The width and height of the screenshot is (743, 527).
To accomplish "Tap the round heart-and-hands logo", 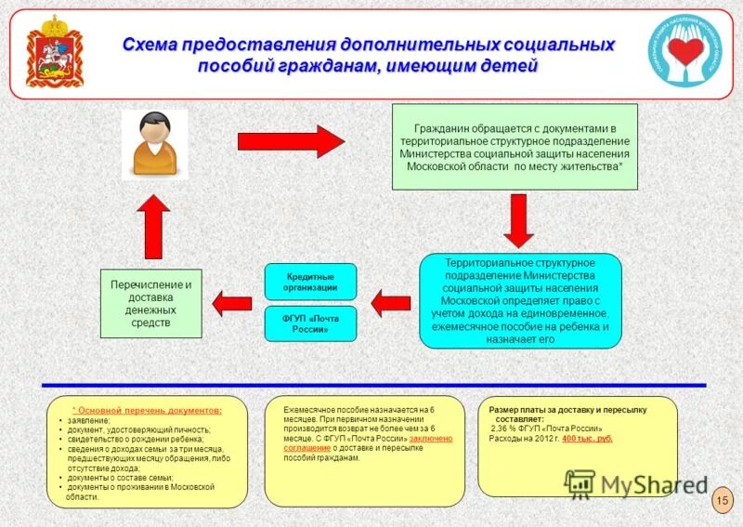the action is click(x=687, y=51).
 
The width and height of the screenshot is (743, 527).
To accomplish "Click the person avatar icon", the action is click(x=154, y=145).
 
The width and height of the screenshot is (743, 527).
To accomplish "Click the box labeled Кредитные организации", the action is click(x=310, y=282).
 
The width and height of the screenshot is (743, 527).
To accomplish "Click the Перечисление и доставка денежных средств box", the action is click(x=150, y=303).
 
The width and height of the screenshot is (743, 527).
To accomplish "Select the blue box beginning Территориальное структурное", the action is click(x=520, y=300).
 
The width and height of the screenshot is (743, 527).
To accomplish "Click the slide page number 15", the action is click(x=722, y=502).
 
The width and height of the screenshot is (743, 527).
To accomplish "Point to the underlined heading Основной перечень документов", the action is click(x=149, y=410).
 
